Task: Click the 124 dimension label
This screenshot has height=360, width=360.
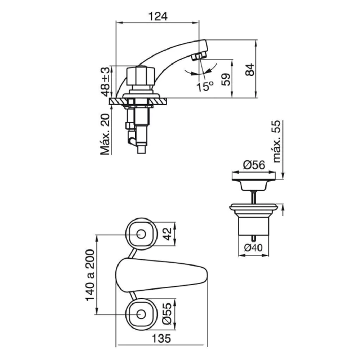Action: (158, 16)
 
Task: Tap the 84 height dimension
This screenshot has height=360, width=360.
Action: (250, 70)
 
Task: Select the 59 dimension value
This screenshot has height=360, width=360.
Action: (226, 79)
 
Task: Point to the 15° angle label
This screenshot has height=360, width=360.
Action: (205, 86)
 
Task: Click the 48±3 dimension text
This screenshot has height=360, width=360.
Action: (106, 82)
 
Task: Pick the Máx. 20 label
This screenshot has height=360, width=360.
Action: (105, 134)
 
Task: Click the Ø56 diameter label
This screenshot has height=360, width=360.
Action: (254, 165)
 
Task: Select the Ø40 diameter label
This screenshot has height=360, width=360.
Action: (253, 247)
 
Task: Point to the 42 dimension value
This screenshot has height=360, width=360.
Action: (168, 234)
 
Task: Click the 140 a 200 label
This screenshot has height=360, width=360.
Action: (90, 275)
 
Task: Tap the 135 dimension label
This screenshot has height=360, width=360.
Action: (161, 339)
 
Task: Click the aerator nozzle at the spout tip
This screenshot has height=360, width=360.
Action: (199, 56)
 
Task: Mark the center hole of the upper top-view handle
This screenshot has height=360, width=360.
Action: (141, 234)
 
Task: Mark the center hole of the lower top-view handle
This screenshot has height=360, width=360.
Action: (141, 314)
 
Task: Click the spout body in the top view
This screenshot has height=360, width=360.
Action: (161, 275)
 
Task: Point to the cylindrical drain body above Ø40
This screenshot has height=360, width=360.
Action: (254, 226)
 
